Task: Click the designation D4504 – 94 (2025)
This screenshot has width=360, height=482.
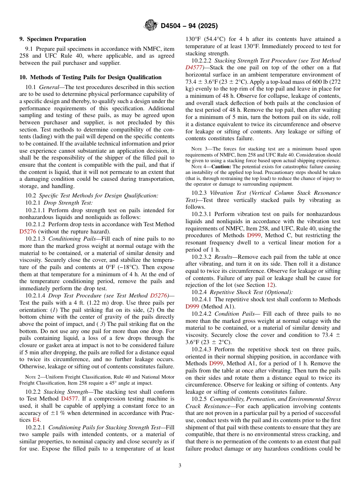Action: tap(189, 26)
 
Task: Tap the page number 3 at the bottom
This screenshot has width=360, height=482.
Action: tap(180, 465)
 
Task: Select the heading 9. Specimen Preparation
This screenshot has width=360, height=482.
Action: tap(53, 39)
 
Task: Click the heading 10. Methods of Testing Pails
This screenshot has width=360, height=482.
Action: tap(91, 77)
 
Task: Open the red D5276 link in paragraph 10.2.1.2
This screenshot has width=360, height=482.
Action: tap(27, 232)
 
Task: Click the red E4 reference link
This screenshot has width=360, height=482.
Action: tap(36, 420)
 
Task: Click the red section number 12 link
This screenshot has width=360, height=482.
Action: tap(270, 285)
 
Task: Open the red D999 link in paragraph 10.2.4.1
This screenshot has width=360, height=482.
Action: tap(193, 307)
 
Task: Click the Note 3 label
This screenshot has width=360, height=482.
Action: tap(199, 149)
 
